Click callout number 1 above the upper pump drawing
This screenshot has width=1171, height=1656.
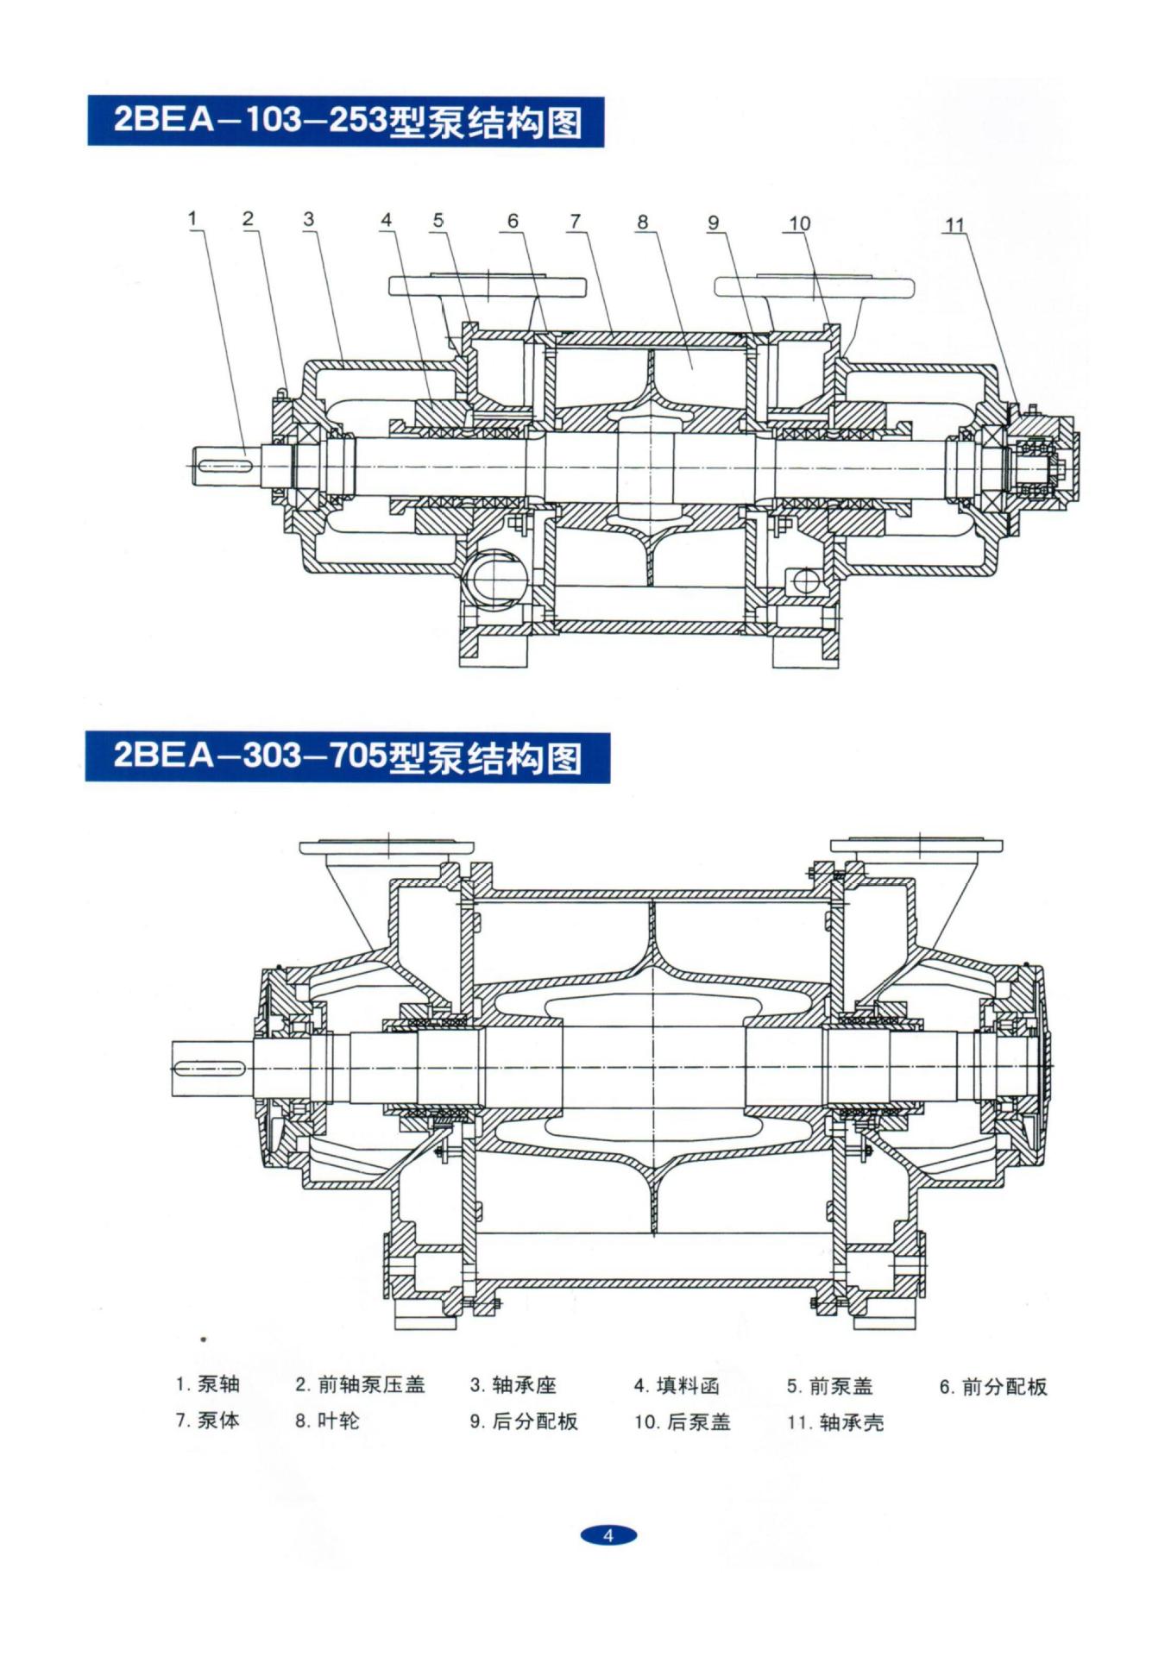(192, 219)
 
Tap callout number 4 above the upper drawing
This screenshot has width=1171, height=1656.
(386, 220)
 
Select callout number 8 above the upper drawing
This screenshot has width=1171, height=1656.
(642, 222)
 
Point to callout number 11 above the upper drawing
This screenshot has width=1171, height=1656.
(954, 225)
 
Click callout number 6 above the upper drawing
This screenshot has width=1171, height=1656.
(513, 221)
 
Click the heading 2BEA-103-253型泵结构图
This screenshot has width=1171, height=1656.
(346, 122)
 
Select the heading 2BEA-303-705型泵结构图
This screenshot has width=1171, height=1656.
(347, 757)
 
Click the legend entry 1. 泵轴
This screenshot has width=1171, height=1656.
(207, 1385)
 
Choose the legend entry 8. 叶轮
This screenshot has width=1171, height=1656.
(326, 1421)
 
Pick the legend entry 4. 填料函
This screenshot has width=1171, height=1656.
(676, 1386)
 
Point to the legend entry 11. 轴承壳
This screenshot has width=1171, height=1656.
(834, 1422)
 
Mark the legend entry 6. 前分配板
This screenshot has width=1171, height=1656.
(992, 1387)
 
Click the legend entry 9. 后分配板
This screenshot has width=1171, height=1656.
(523, 1421)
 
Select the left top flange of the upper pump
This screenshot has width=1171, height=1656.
(488, 286)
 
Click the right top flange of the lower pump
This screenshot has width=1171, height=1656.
(916, 846)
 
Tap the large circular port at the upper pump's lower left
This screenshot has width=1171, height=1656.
(497, 574)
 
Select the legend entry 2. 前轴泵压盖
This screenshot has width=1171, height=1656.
(360, 1385)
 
